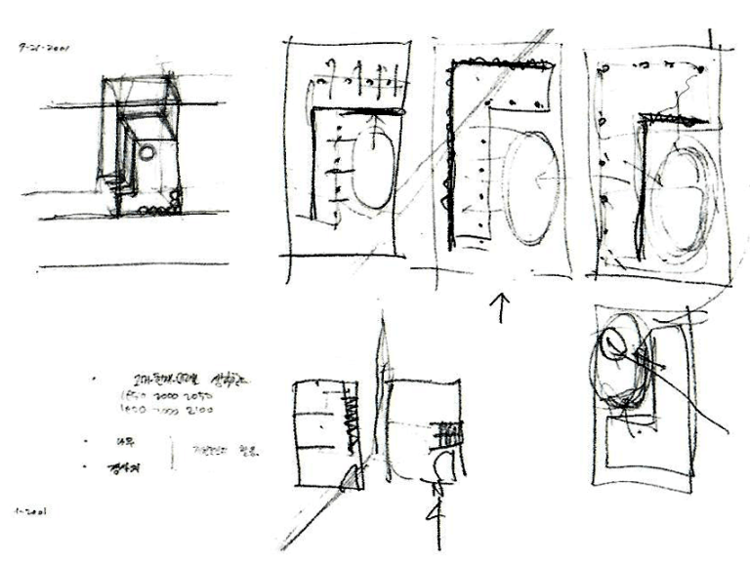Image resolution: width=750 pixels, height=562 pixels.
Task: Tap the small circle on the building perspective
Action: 146,152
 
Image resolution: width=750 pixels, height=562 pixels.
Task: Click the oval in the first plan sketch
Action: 369,168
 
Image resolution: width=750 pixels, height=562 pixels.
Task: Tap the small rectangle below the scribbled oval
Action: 633,429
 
